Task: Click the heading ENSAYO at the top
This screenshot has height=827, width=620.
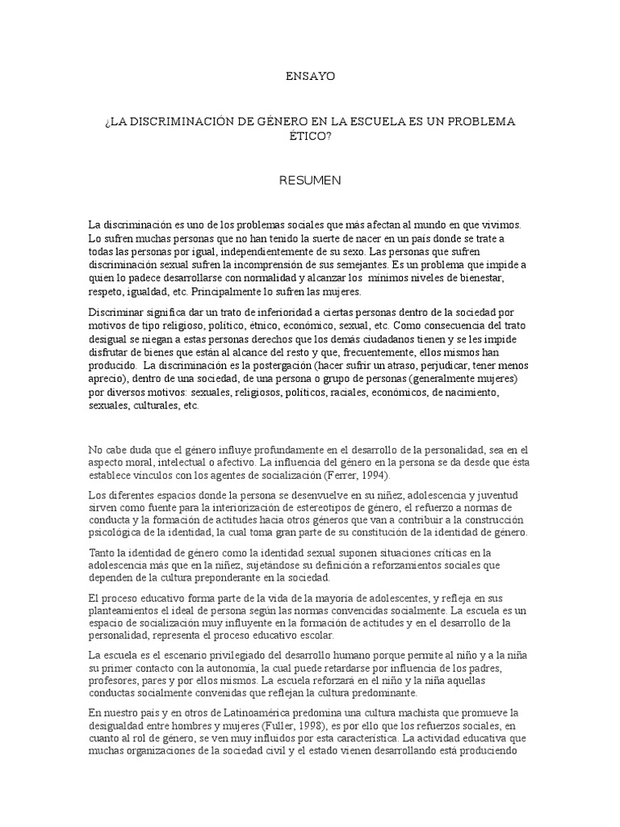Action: pyautogui.click(x=309, y=77)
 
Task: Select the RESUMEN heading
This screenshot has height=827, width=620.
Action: pyautogui.click(x=309, y=180)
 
